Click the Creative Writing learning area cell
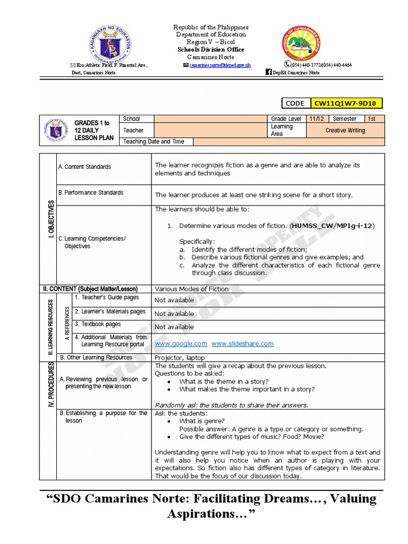345,130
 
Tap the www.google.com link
181,344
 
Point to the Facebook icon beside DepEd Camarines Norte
268,72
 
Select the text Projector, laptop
180,358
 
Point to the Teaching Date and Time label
154,142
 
